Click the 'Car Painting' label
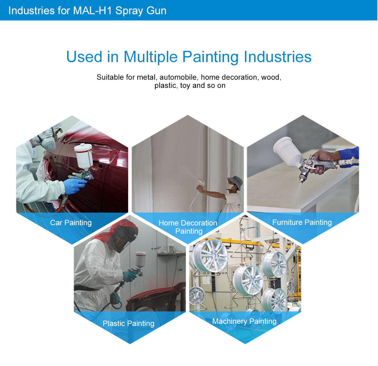click(71, 223)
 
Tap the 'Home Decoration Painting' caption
click(188, 227)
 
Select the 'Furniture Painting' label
click(302, 222)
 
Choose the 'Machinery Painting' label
click(244, 322)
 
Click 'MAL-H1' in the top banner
click(93, 11)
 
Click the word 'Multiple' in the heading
click(151, 57)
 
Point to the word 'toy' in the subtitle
click(185, 86)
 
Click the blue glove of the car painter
click(75, 186)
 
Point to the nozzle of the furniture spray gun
click(302, 181)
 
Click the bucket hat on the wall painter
click(236, 181)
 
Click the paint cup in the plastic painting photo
click(140, 259)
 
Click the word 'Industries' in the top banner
click(31, 11)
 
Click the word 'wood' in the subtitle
click(271, 77)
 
